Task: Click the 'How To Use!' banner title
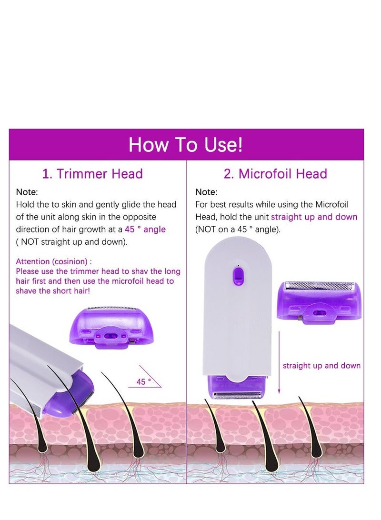click(x=186, y=145)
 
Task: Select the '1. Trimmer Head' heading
click(x=92, y=174)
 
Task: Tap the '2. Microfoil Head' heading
click(x=275, y=174)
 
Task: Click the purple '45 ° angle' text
click(x=145, y=230)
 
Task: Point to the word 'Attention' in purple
click(x=33, y=261)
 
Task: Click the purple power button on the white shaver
click(x=238, y=275)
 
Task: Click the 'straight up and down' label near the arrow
click(x=321, y=366)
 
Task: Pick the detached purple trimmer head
click(x=111, y=326)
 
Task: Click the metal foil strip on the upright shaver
click(x=238, y=395)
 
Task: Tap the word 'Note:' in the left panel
click(x=27, y=192)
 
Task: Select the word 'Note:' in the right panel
click(x=206, y=192)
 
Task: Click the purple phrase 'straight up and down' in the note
click(x=314, y=217)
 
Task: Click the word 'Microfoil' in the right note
click(x=332, y=205)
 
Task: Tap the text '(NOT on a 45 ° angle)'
click(x=238, y=230)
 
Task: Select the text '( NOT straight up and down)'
click(x=72, y=242)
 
